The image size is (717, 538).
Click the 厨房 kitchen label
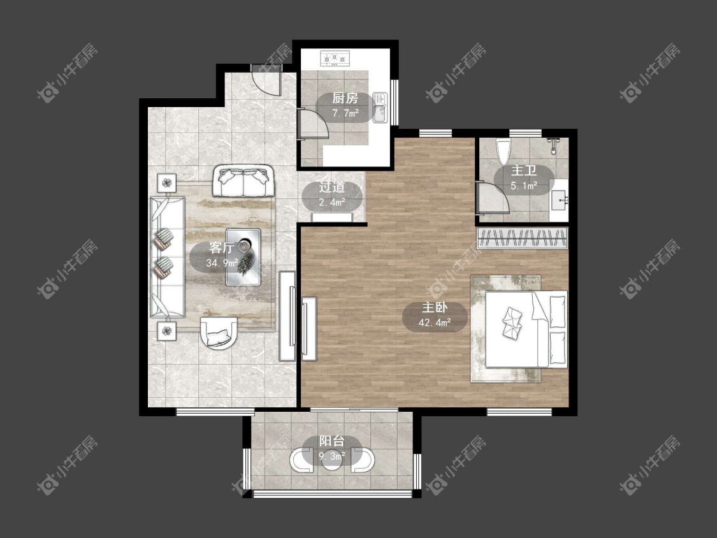[345, 98]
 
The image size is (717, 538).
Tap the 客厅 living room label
[222, 248]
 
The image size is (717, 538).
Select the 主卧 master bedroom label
[435, 307]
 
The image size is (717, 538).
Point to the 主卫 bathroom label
[524, 171]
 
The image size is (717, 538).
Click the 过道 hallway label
[332, 187]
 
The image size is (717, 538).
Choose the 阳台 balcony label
[331, 441]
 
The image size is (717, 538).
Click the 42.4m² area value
[435, 323]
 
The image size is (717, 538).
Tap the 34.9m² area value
[222, 263]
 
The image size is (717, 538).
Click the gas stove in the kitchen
[335, 58]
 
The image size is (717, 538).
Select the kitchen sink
[380, 108]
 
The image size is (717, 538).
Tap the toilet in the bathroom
[503, 152]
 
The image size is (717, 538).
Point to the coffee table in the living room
[243, 257]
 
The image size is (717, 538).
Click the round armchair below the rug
[219, 333]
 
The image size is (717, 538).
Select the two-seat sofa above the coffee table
[243, 181]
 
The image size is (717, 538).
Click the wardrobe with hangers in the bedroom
[522, 238]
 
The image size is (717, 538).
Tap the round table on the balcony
[331, 460]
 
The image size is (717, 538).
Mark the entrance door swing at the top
[266, 80]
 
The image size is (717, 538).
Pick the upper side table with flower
[167, 183]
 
